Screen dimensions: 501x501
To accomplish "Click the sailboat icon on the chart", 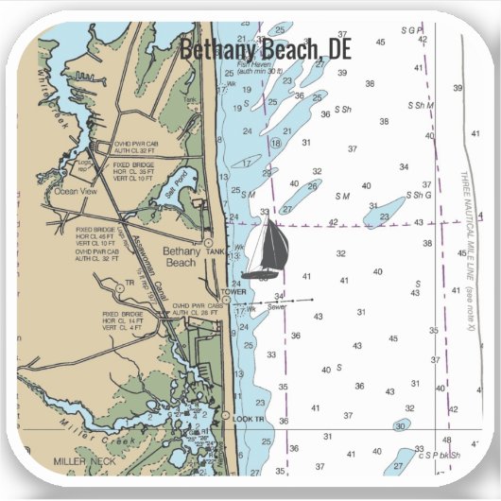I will pyautogui.click(x=266, y=248).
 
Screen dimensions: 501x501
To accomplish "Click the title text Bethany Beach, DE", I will pyautogui.click(x=265, y=46).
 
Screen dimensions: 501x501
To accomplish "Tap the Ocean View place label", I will pyautogui.click(x=76, y=190).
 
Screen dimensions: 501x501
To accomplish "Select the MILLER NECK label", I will pyautogui.click(x=82, y=460).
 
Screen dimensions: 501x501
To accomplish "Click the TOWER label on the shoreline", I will pyautogui.click(x=233, y=292).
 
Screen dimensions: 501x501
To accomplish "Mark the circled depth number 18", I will pyautogui.click(x=276, y=143).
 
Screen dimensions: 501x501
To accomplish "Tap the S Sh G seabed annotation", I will pyautogui.click(x=419, y=196).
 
